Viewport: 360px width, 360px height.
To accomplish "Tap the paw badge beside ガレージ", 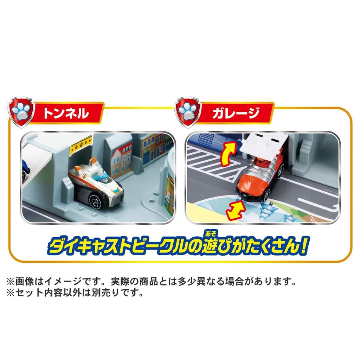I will coord(188,112).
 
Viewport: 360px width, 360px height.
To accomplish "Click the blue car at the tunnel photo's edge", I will coord(25,169).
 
